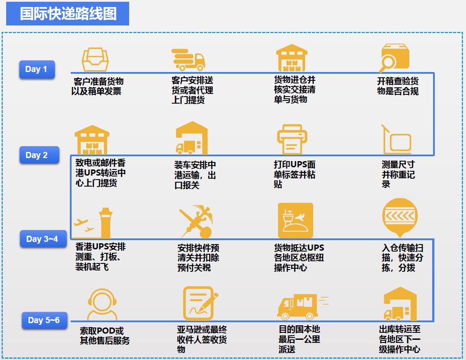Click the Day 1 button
click(36, 69)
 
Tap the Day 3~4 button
click(42, 239)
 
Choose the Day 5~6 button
click(44, 320)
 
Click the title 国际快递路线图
click(68, 14)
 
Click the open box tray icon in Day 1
click(95, 58)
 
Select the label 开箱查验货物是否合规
click(397, 86)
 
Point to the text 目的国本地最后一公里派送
click(300, 339)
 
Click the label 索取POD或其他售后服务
click(105, 335)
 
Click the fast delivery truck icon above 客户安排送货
click(188, 59)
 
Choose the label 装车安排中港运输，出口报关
click(195, 175)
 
